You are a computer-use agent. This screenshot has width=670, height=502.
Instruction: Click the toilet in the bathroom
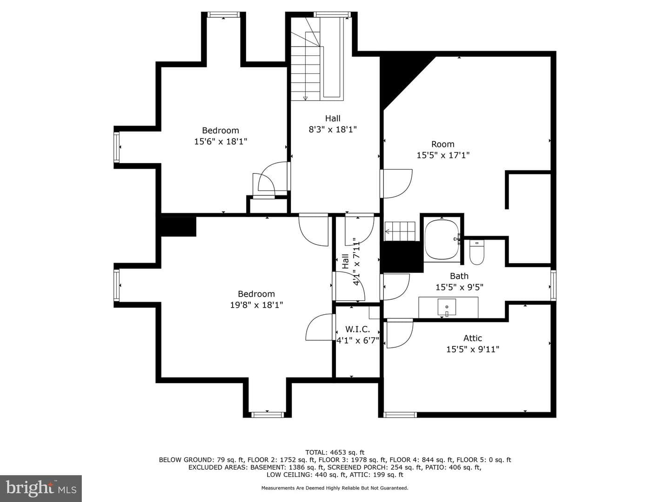tap(476, 252)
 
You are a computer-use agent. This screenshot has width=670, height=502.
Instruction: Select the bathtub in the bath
tap(442, 239)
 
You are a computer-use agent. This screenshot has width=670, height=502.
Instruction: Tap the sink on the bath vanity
tap(447, 307)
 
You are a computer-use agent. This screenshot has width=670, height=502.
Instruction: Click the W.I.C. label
tap(357, 329)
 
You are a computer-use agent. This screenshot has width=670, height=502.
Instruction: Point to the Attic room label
tap(473, 338)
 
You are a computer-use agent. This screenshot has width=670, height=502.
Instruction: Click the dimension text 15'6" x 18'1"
tap(221, 141)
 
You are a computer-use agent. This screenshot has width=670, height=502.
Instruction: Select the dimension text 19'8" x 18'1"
tap(256, 305)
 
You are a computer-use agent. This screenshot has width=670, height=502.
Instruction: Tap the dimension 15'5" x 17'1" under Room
tap(443, 155)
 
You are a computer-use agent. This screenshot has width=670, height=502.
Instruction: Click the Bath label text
tap(459, 276)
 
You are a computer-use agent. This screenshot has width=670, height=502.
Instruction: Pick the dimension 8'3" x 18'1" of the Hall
tap(333, 130)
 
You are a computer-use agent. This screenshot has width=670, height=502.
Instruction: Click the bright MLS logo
tap(41, 488)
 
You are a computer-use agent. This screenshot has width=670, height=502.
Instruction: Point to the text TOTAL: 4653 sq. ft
tap(335, 452)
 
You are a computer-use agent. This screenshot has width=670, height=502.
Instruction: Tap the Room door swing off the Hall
tap(396, 184)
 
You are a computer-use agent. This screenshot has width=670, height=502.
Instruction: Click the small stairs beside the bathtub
tap(400, 231)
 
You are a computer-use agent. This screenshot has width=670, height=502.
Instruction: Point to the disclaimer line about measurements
tap(335, 488)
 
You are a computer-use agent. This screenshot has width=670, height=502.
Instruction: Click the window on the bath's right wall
tap(553, 285)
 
